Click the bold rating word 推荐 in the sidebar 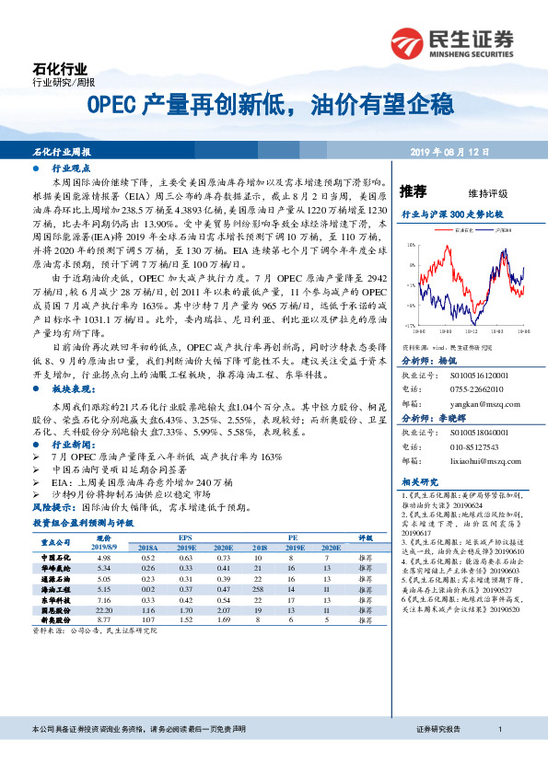(x=414, y=191)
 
